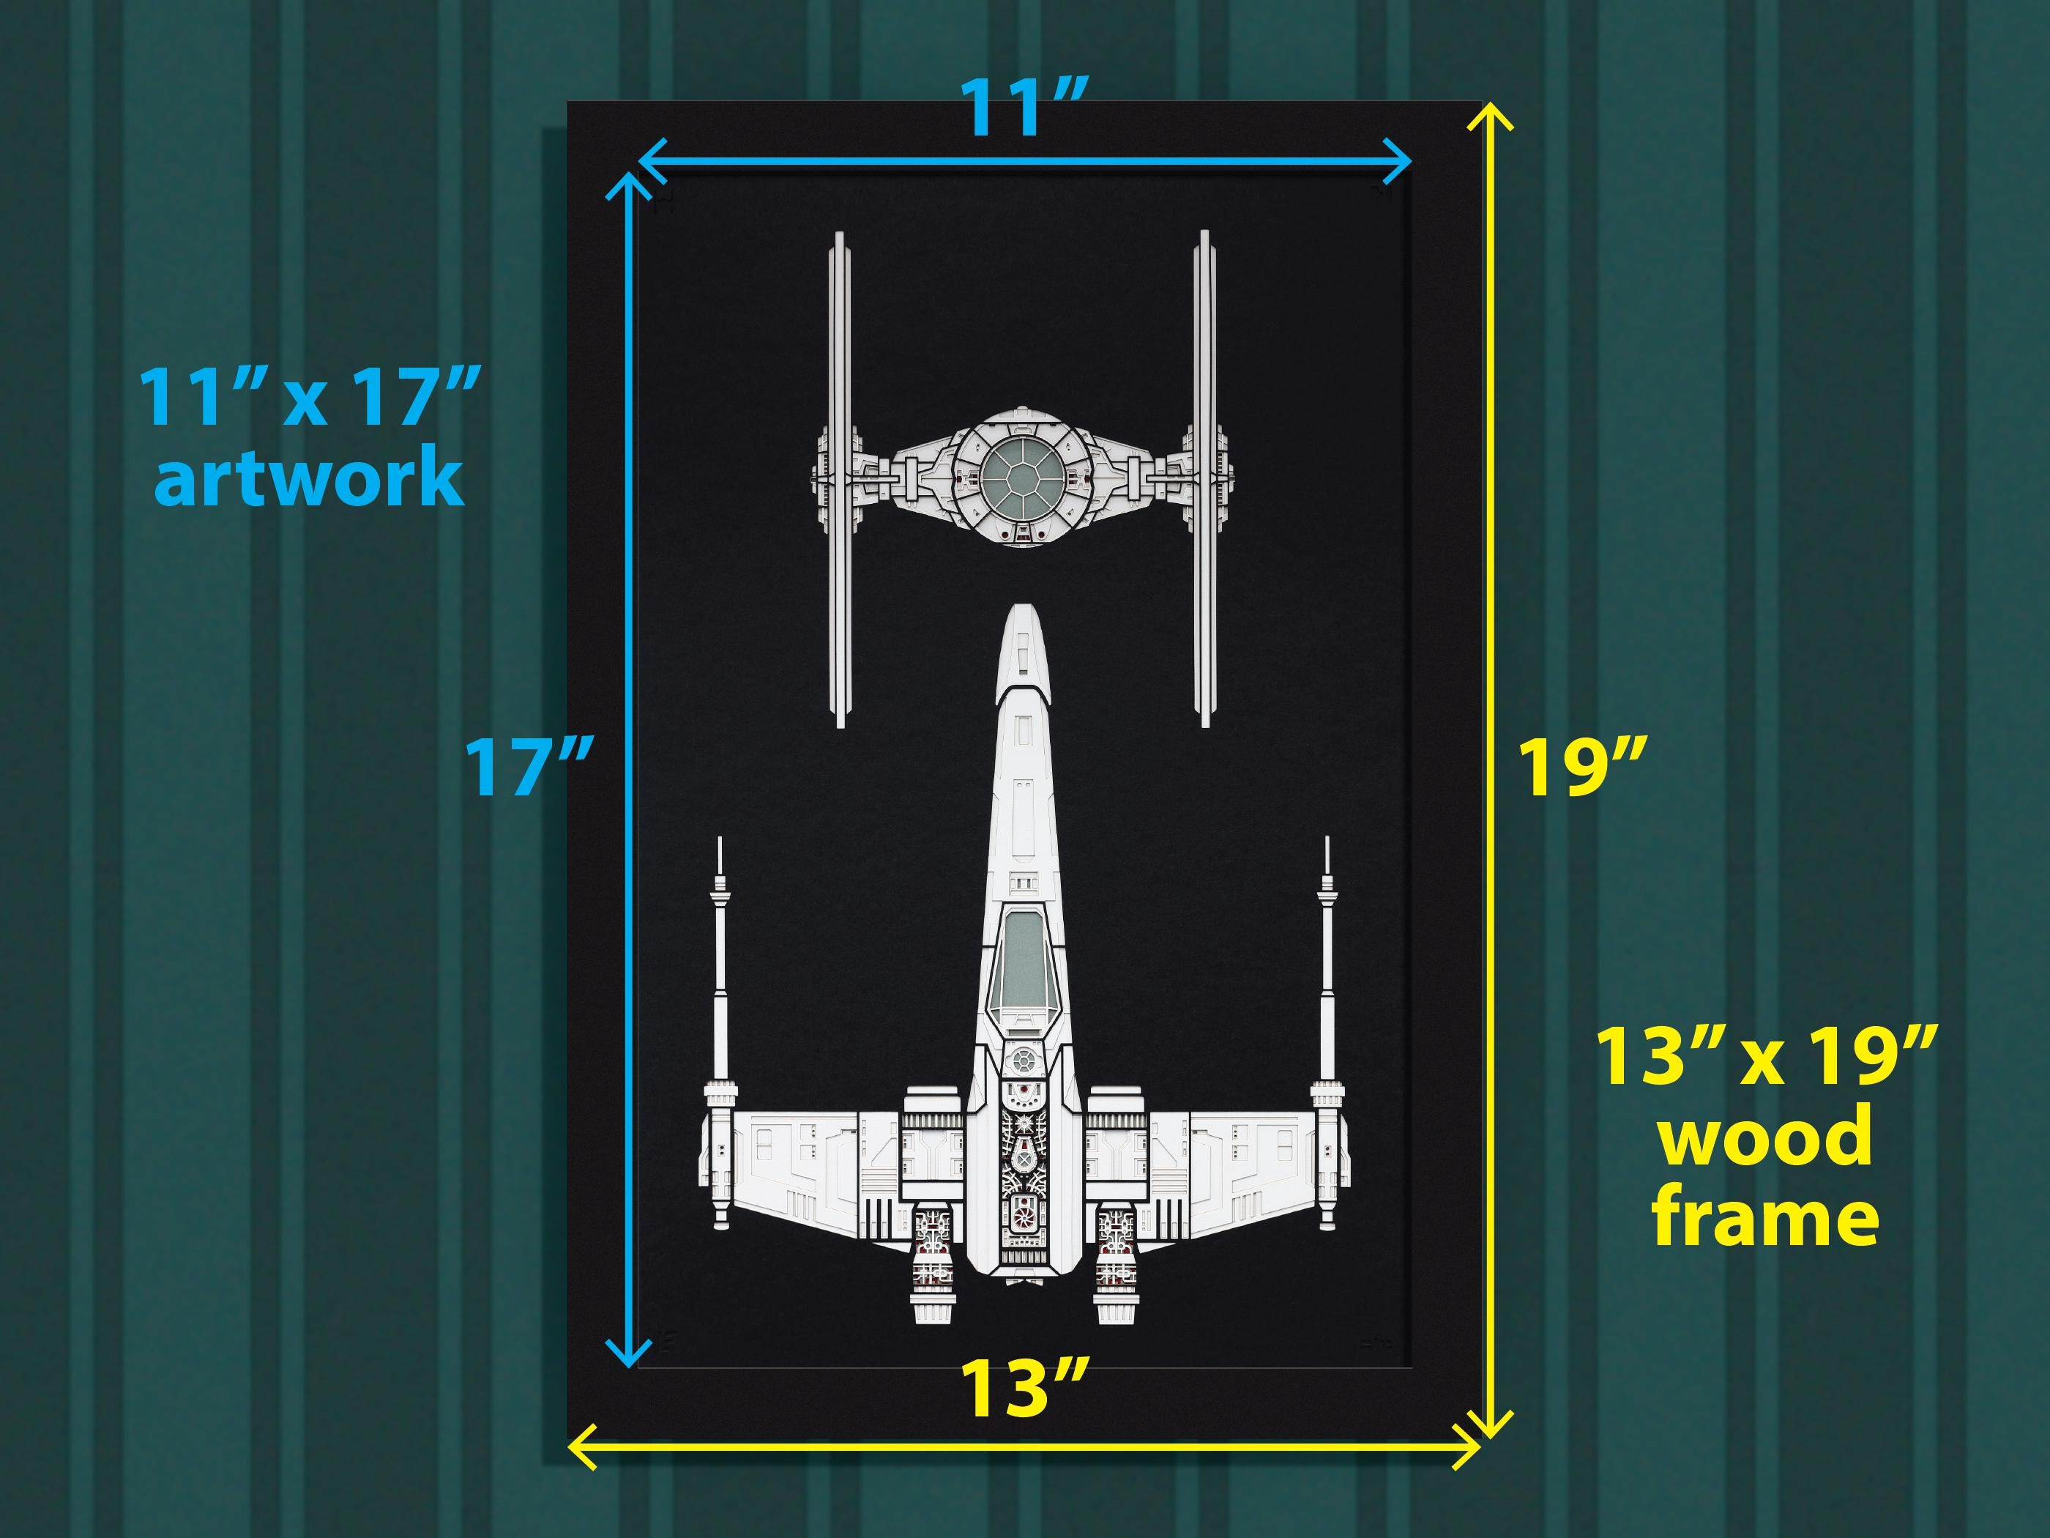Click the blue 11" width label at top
[x=1023, y=108]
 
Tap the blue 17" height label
[x=526, y=766]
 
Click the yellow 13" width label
[x=1023, y=1389]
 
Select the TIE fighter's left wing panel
[x=840, y=479]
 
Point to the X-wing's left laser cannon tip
[x=720, y=838]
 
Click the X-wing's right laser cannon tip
[x=1329, y=838]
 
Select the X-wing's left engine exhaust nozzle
[x=931, y=1307]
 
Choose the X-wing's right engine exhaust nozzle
[x=1114, y=1307]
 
